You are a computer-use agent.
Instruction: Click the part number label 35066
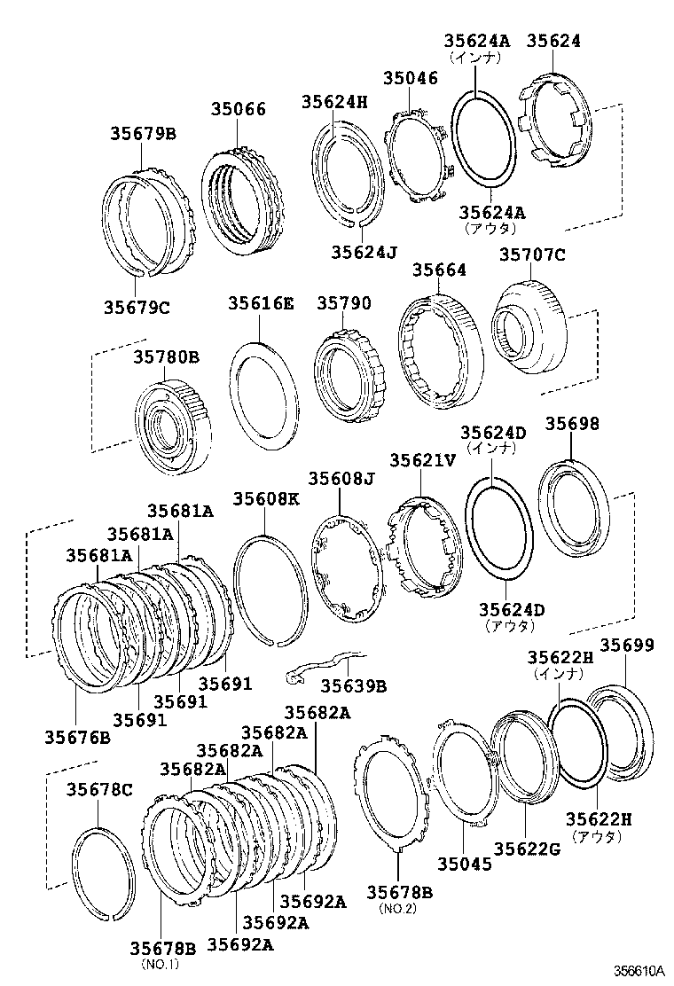click(238, 109)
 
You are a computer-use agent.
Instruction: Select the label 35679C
click(136, 308)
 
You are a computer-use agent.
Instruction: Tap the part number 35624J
click(364, 251)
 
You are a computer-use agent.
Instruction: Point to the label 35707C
click(531, 255)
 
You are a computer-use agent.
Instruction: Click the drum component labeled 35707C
click(529, 327)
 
